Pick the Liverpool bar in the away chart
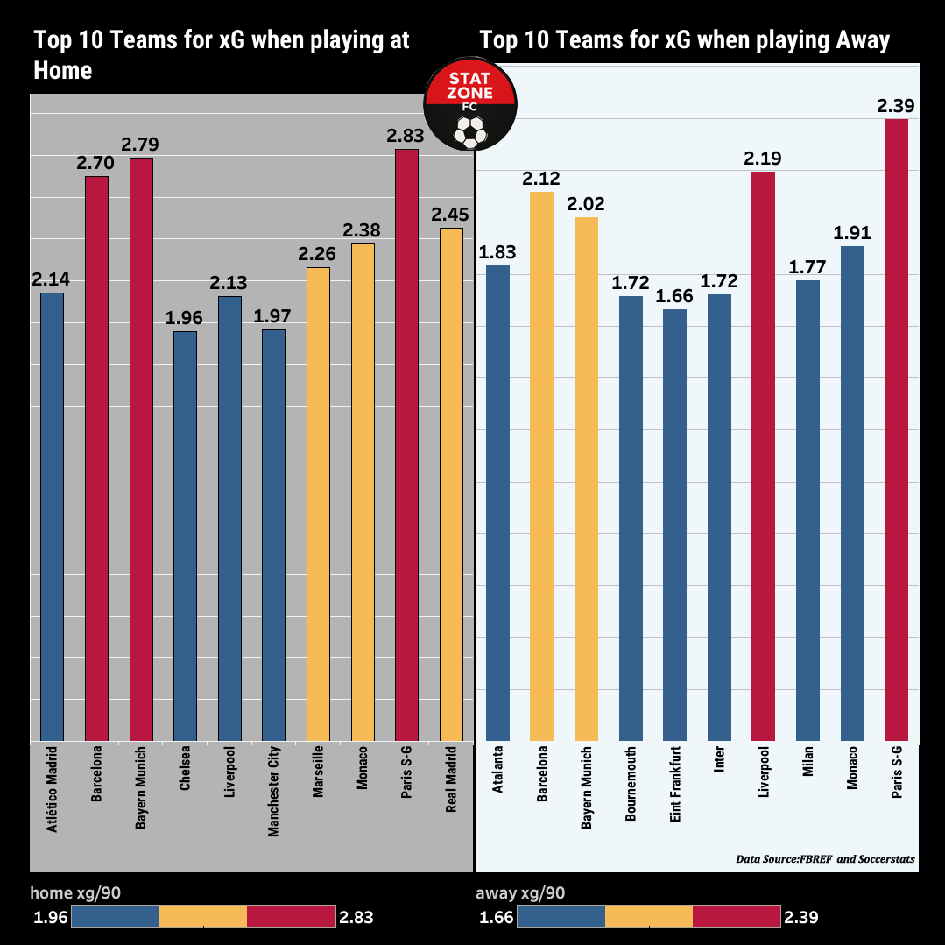coord(763,456)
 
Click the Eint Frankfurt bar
coord(674,525)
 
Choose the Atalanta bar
coord(497,504)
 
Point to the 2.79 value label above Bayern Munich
coord(140,145)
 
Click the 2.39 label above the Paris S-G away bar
coord(895,106)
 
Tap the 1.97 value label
coord(272,316)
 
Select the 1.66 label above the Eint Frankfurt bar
coord(674,296)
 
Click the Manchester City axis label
coord(273,791)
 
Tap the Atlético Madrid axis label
coord(53,789)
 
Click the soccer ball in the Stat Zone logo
coord(470,131)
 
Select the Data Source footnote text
coord(825,859)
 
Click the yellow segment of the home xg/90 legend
coord(203,917)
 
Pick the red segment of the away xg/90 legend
coord(737,917)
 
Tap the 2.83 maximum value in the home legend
coord(356,918)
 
